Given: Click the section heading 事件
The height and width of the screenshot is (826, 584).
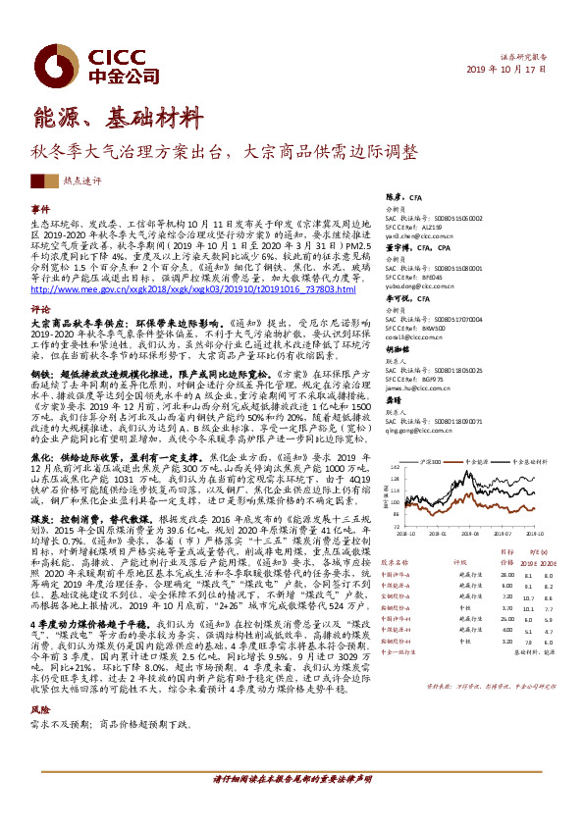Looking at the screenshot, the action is pyautogui.click(x=40, y=210).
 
